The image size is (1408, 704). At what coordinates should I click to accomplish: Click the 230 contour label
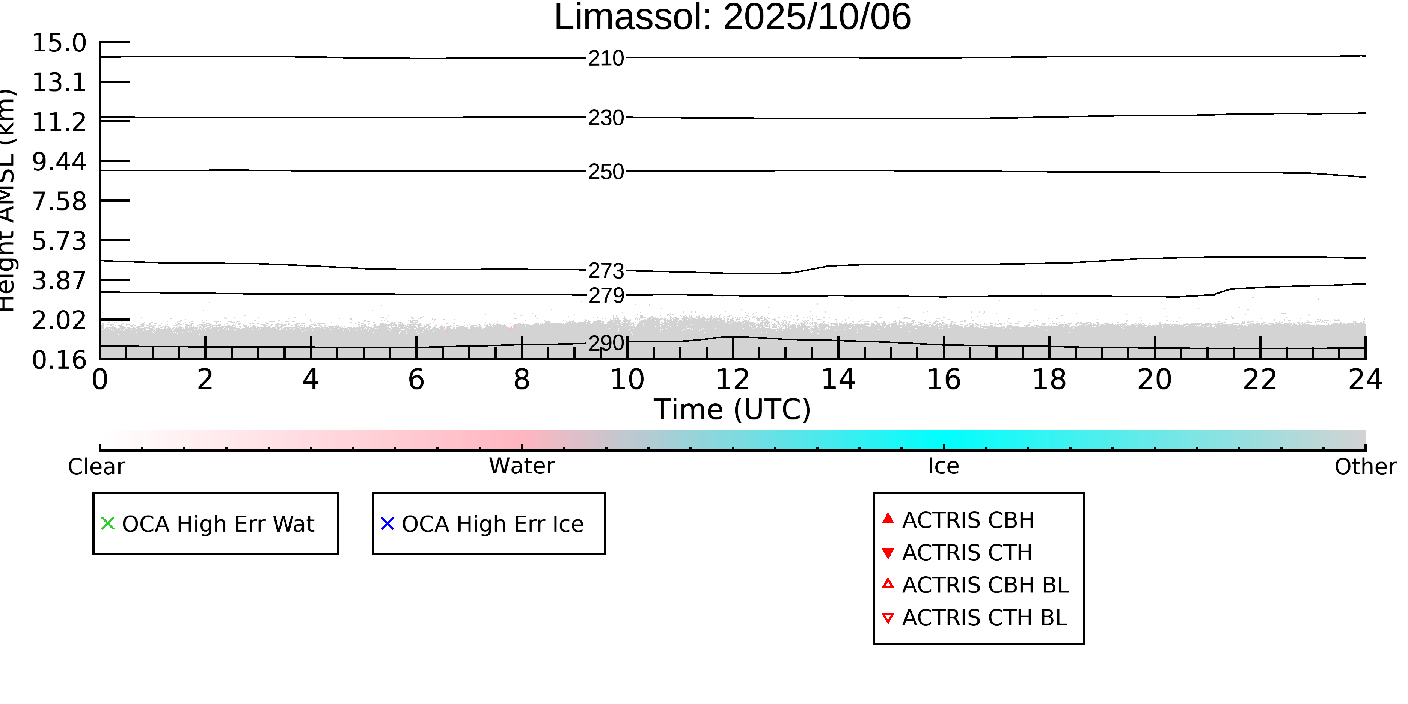(606, 118)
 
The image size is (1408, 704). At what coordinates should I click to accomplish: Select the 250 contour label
(606, 172)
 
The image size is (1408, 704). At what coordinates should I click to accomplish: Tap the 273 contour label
(606, 271)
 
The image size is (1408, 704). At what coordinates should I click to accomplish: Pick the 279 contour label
(606, 296)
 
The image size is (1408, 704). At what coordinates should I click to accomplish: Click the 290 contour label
(606, 343)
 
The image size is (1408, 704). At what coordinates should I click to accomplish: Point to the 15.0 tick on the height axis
(59, 43)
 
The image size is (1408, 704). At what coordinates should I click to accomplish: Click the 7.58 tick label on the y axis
(59, 202)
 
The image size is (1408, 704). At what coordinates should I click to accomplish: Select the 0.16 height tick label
(59, 360)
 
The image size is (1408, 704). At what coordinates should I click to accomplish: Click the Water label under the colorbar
(522, 466)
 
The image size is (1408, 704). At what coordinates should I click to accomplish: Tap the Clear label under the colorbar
(96, 467)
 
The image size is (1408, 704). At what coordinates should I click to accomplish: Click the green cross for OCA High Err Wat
(108, 524)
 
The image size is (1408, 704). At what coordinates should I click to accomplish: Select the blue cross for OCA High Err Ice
(387, 524)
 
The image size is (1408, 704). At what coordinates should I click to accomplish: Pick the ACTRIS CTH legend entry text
(966, 553)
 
